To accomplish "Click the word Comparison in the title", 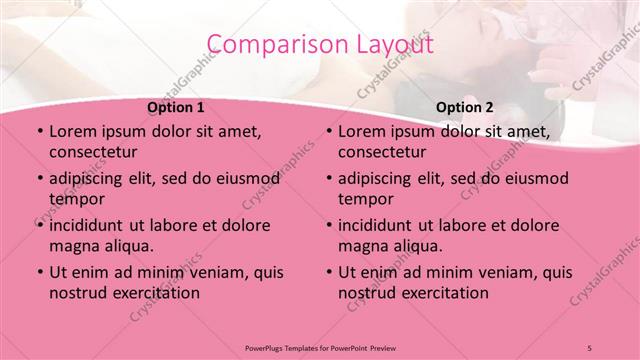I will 267,45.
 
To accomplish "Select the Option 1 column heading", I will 176,106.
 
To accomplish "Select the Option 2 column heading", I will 465,106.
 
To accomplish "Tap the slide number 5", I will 590,347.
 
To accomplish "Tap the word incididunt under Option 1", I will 89,225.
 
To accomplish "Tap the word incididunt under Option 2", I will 378,225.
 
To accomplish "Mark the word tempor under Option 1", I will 75,199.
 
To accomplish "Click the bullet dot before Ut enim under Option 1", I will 38,272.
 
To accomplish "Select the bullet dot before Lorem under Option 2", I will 327,131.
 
